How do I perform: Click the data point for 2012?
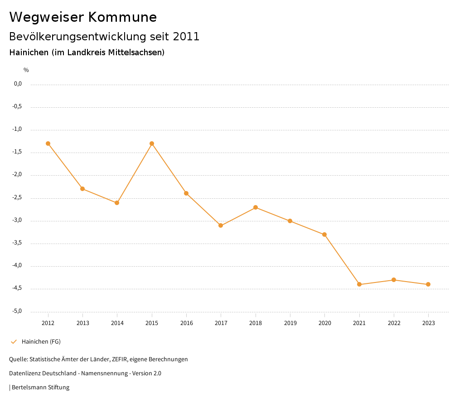48,144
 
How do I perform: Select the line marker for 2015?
152,144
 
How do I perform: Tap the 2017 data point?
221,225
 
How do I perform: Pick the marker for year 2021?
359,284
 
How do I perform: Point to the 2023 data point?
428,284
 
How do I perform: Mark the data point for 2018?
256,207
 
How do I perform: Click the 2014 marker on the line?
117,203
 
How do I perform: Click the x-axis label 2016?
186,323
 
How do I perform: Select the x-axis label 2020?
325,323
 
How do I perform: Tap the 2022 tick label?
394,323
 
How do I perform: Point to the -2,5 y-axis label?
18,198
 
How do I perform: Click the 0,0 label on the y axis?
18,84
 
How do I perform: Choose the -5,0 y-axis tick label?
18,311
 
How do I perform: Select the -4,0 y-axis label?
18,266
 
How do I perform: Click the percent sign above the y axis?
26,70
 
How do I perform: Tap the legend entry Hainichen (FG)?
41,342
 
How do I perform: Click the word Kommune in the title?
122,17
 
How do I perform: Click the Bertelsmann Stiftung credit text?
40,388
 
